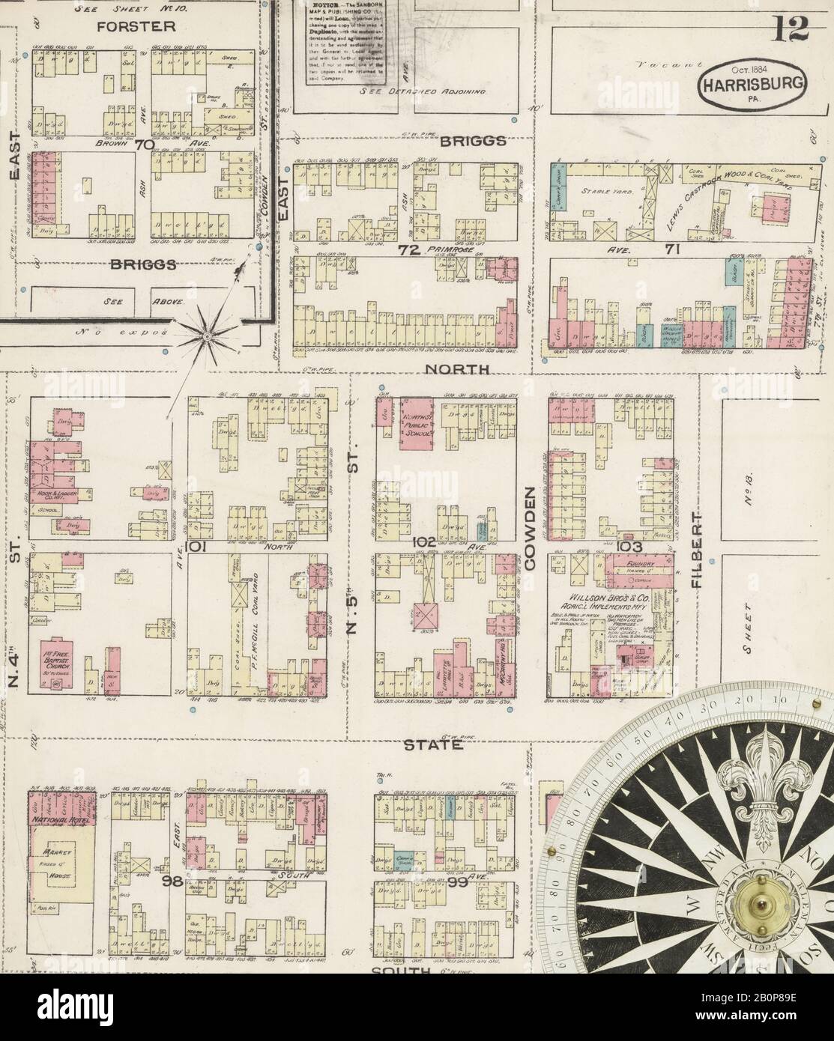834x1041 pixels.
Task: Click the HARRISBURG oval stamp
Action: coord(753,81)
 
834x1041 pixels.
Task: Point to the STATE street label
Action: coord(430,745)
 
